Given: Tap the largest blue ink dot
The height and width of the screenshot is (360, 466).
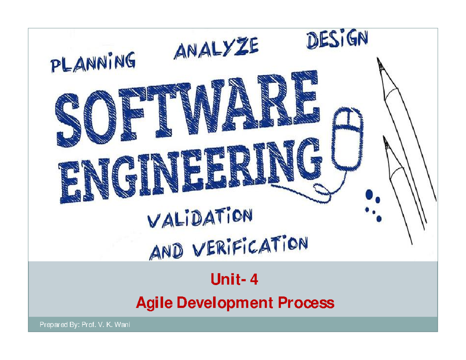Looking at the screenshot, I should pos(369,193).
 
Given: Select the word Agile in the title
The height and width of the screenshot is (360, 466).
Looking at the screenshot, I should pos(153,303).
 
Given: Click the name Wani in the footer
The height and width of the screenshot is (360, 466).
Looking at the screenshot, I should pos(121,325).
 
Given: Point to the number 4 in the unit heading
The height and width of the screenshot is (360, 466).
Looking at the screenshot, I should pos(254,279).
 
